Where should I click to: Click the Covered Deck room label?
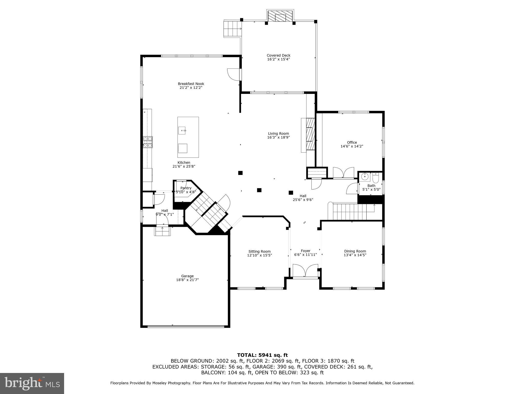[278, 55]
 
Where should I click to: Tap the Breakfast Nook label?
[191, 84]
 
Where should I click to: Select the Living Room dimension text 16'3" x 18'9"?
[278, 137]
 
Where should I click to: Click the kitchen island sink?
[183, 131]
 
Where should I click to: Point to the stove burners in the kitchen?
[148, 142]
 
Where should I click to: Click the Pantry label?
[186, 188]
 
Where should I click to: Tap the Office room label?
[352, 143]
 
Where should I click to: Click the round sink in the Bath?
[365, 176]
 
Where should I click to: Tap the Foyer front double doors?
[305, 271]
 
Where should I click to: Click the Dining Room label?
[355, 251]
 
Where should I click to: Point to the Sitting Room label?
[259, 252]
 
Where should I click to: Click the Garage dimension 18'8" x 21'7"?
[187, 280]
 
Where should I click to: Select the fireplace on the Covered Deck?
[280, 16]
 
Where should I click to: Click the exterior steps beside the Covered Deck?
[233, 28]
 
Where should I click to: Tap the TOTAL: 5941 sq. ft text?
[262, 355]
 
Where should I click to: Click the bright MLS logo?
[32, 383]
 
